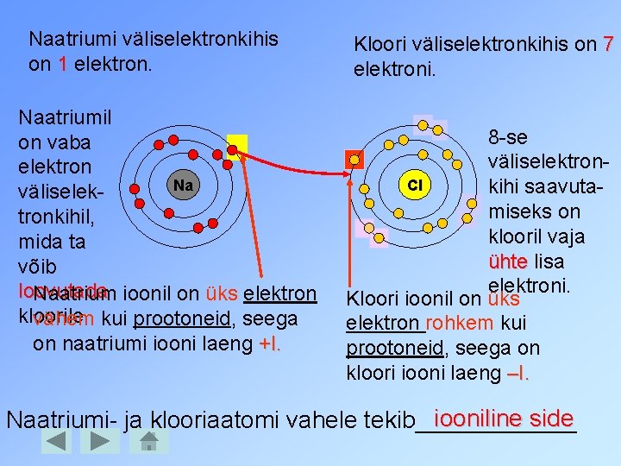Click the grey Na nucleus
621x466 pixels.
click(x=182, y=185)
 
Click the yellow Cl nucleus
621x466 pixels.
click(x=414, y=185)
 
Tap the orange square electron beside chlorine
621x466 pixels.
click(x=354, y=160)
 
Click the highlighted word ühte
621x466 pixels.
click(x=507, y=261)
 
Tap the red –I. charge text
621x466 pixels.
click(x=519, y=374)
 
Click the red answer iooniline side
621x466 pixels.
click(x=504, y=419)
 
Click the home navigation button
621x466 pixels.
click(x=147, y=442)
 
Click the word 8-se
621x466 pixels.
click(x=508, y=137)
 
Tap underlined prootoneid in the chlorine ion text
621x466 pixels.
click(x=387, y=349)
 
